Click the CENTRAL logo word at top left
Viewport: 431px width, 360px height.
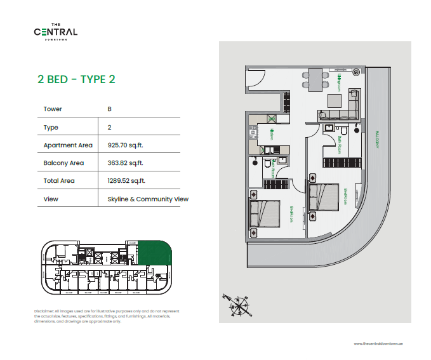point(56,32)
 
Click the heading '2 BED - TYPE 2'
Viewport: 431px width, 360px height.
point(76,79)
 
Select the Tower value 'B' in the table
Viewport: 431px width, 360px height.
point(110,109)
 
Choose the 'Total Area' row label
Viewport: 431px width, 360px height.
point(59,181)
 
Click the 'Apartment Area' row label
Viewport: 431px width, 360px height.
point(68,145)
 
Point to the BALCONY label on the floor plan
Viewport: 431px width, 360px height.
point(377,139)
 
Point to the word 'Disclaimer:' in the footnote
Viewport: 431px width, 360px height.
point(45,310)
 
